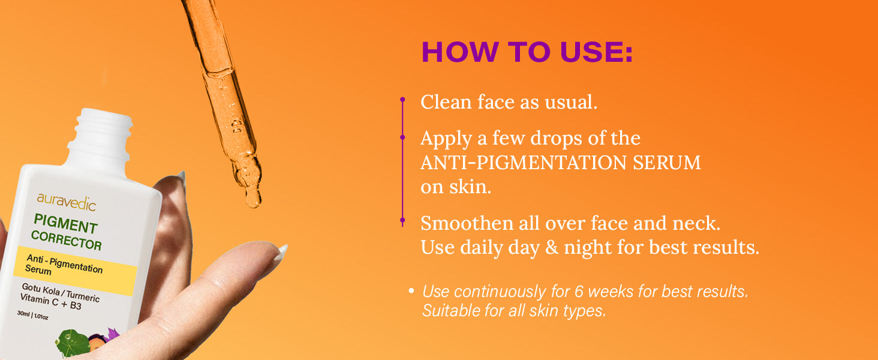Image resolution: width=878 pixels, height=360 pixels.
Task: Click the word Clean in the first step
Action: coord(446,102)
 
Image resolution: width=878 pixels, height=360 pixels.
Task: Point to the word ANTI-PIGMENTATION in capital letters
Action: coord(524,163)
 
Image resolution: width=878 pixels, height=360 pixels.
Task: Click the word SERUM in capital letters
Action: coord(667,163)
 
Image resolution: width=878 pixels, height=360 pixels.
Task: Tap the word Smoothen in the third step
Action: coord(467,224)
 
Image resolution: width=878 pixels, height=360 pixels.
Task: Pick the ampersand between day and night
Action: coord(552,247)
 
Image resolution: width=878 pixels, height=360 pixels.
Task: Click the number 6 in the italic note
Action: coord(579,292)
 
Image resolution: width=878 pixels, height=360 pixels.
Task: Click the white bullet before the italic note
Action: coord(411,291)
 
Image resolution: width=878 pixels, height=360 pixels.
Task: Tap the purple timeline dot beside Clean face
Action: coord(402,100)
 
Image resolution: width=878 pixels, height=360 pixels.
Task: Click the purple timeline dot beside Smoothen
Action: coord(402,220)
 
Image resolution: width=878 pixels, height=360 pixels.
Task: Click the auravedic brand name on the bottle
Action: coord(66,202)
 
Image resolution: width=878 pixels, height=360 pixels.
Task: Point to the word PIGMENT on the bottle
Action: coord(65,224)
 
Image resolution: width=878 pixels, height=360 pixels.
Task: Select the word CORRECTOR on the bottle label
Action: coord(66,241)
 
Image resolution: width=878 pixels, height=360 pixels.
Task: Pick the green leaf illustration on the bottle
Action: coord(72,343)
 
